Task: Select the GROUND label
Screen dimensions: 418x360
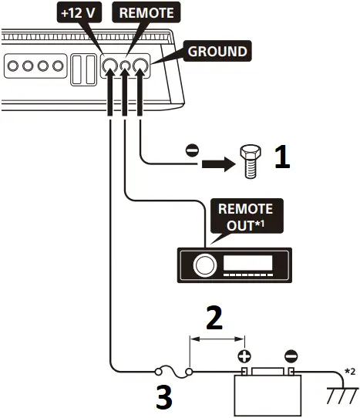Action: coord(217,52)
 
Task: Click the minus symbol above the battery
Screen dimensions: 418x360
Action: coord(291,357)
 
